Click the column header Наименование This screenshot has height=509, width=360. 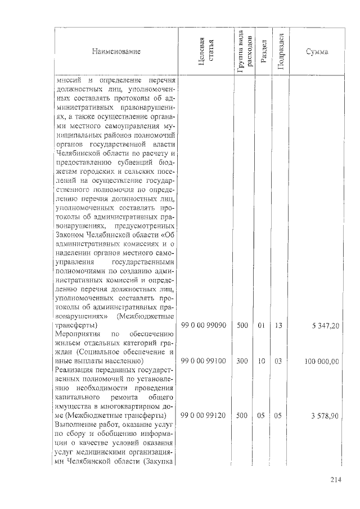coord(116,52)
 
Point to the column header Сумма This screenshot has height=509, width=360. coord(317,52)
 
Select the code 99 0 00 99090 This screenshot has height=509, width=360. coord(204,326)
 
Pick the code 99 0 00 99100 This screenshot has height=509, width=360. coord(204,361)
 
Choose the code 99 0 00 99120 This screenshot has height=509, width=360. coord(204,415)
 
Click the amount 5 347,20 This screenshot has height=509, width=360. coord(323,326)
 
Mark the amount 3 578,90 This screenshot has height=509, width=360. coord(323,416)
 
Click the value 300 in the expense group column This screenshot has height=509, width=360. coord(242,361)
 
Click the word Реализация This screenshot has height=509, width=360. coord(76,370)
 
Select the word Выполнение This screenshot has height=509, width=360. coord(78,424)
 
